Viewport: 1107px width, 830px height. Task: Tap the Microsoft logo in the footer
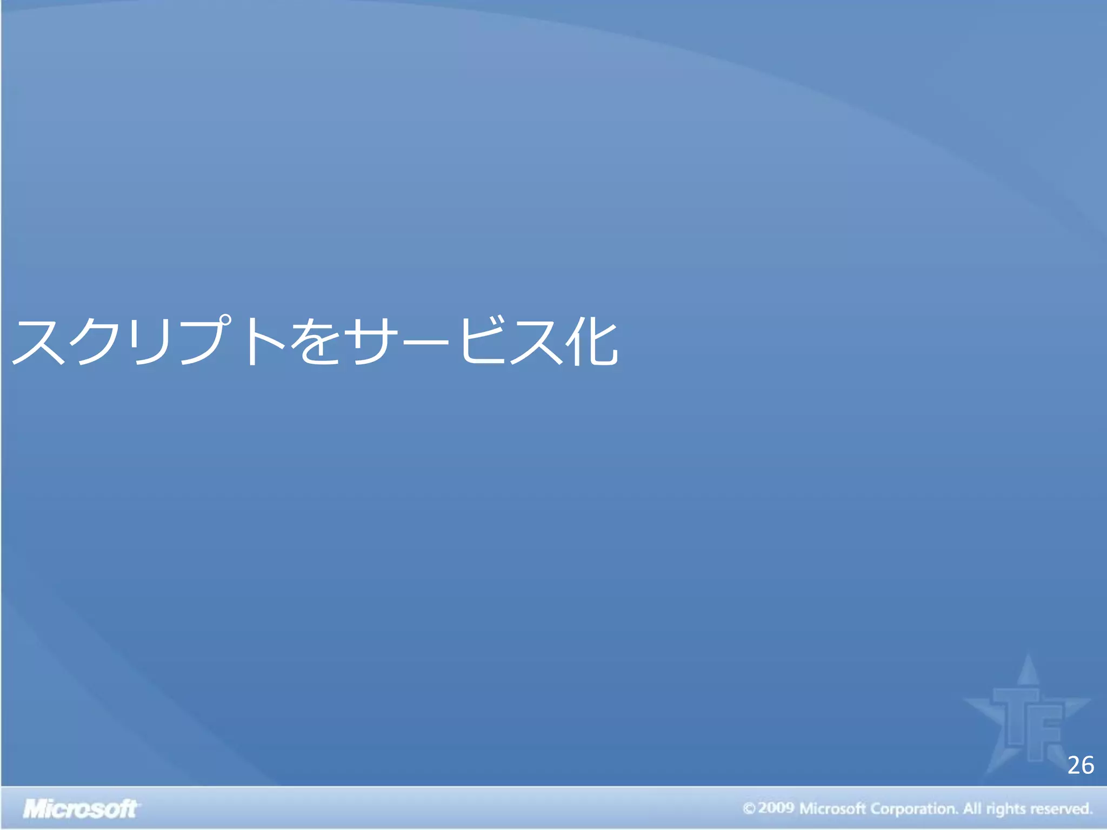pos(81,809)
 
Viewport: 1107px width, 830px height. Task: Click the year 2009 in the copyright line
pos(776,808)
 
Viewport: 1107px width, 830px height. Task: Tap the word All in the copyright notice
pos(972,808)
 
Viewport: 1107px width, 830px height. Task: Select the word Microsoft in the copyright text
pos(832,808)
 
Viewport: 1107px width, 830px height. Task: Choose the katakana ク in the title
pos(100,342)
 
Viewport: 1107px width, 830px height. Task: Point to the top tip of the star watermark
pos(1029,656)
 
